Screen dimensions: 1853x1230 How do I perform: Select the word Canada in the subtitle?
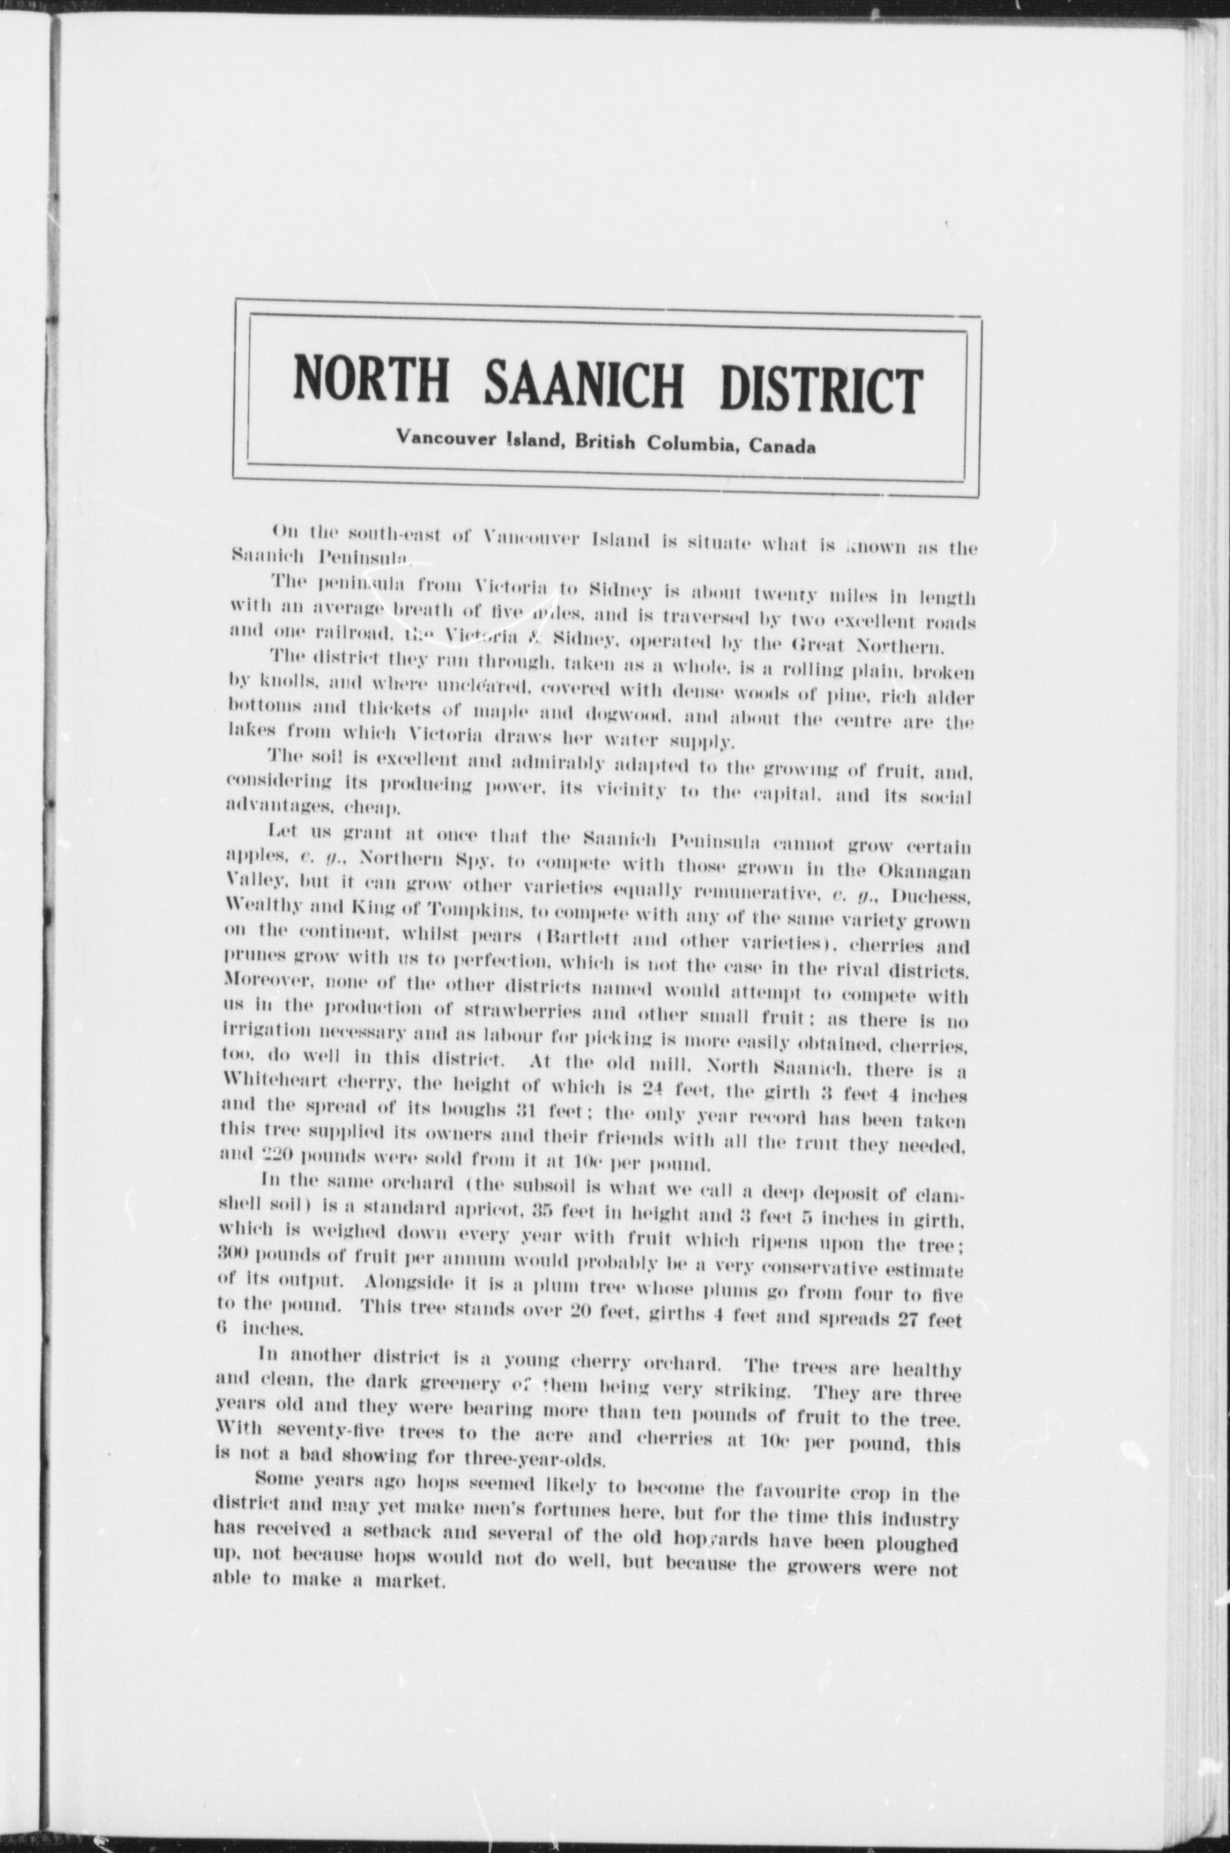[x=782, y=446]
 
